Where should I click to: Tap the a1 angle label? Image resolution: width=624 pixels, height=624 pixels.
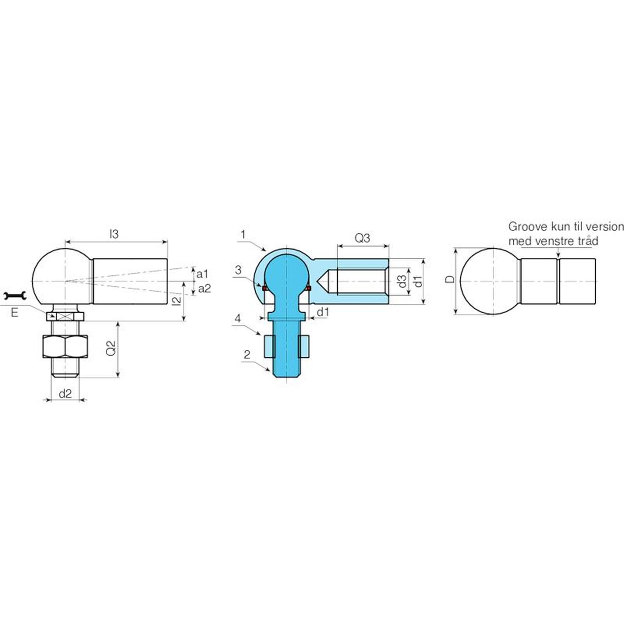point(202,274)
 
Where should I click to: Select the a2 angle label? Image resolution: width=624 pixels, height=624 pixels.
point(204,289)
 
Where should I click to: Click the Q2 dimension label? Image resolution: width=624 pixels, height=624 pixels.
point(111,348)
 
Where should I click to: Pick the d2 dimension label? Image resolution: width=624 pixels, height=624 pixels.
point(65,394)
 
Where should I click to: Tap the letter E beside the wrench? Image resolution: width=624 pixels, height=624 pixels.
point(15,312)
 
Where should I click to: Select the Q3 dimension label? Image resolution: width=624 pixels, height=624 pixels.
point(362,238)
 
